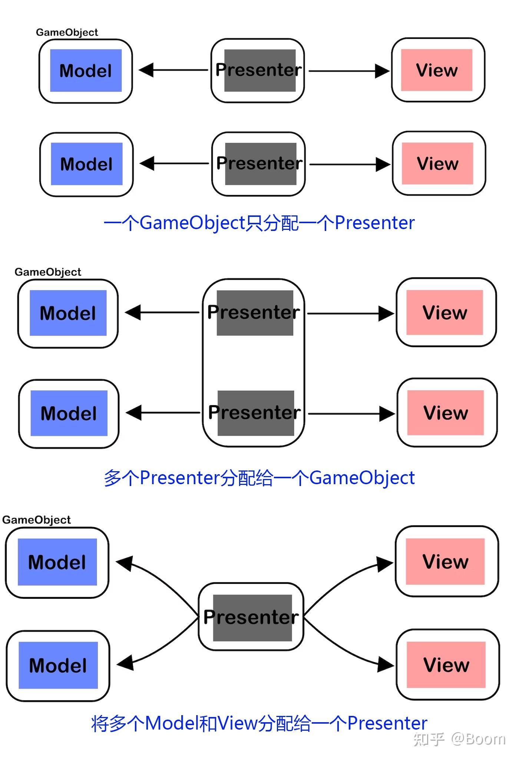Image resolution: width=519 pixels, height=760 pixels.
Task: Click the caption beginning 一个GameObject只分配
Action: pos(259,223)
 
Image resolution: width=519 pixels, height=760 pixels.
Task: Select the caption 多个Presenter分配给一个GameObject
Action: pos(259,478)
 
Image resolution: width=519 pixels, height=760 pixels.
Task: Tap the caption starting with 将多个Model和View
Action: pos(259,723)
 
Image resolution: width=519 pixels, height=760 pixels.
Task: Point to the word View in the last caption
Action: pos(237,723)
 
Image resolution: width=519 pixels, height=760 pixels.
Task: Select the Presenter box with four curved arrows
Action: pos(251,617)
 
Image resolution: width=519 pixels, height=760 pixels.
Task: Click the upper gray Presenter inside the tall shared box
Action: pos(254,313)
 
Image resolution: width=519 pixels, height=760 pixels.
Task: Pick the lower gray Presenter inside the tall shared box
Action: pos(255,413)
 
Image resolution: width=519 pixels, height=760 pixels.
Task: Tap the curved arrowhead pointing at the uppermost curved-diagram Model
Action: pos(125,564)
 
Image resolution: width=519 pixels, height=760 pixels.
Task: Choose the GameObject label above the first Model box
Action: pos(67,33)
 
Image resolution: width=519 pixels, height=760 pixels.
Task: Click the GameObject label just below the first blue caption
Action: pos(47,272)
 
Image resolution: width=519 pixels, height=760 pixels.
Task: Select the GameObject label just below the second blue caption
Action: pos(36,520)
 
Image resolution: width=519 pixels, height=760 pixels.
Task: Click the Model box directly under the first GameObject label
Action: pos(86,71)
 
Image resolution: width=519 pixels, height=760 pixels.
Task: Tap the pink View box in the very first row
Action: pos(437,70)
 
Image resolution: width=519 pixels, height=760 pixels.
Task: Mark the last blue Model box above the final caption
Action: pos(58,665)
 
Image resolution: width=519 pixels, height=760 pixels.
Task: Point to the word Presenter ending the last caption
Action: pos(387,723)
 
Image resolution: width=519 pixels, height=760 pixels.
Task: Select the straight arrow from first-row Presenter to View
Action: pos(348,71)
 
